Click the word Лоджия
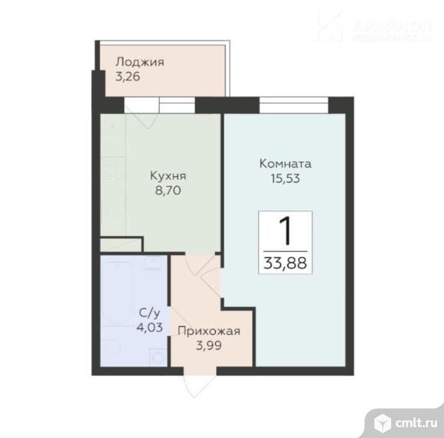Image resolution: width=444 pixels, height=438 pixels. tap(140, 62)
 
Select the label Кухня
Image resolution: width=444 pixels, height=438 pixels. tap(168, 175)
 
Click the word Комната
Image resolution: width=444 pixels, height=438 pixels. tap(286, 163)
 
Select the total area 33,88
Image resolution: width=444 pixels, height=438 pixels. tap(285, 263)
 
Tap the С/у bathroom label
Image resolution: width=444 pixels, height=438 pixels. tap(149, 313)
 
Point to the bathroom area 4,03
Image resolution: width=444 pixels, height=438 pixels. tap(149, 327)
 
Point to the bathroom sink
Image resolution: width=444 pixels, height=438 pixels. tap(152, 265)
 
